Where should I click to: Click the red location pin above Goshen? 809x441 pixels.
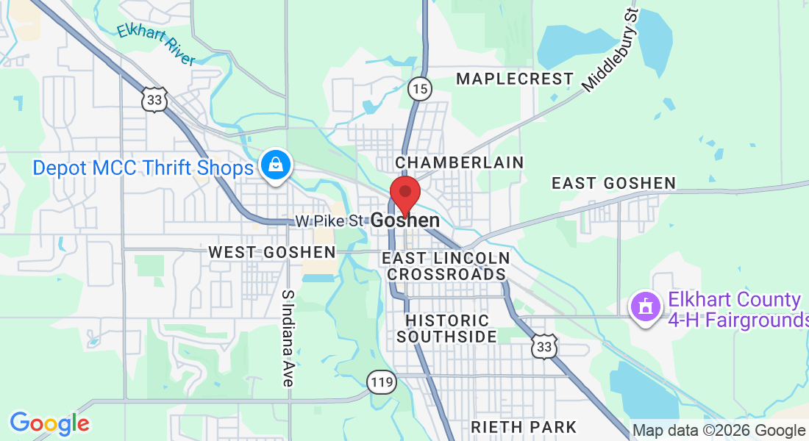404,193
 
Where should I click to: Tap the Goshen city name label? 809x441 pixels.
405,220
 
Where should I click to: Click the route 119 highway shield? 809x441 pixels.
382,381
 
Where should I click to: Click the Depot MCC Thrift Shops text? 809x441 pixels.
143,168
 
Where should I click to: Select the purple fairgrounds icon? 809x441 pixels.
646,306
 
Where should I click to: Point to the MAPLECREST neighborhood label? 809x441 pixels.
514,79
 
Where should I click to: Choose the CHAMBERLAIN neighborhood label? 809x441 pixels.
459,162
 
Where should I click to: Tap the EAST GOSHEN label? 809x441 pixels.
613,183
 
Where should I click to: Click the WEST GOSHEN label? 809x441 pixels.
271,252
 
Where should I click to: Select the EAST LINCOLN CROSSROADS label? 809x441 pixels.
446,266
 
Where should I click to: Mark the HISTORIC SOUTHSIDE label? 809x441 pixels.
447,329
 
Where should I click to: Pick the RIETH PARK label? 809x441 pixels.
524,427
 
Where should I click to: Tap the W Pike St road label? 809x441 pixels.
330,220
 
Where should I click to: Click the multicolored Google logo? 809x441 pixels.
49,423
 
